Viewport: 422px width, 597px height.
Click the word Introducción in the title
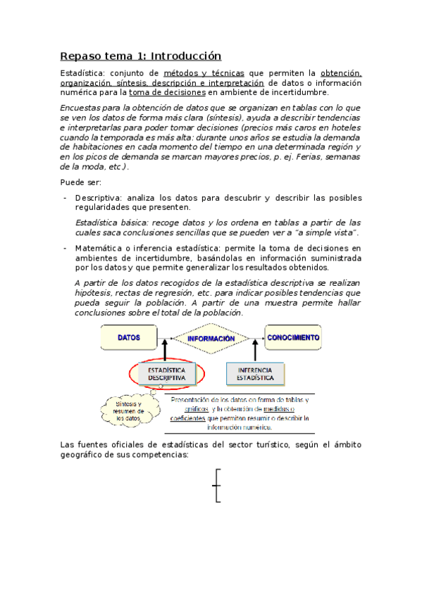coord(186,56)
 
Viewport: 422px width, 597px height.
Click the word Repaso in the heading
coord(81,56)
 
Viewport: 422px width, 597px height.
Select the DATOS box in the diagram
coord(129,338)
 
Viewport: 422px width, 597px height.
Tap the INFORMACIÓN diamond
coord(211,339)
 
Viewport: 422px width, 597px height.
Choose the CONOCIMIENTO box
coord(293,338)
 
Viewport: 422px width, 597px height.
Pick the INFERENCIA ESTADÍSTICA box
coord(255,373)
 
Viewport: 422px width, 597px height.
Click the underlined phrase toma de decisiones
coord(168,92)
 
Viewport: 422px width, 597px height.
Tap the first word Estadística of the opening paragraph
coord(82,73)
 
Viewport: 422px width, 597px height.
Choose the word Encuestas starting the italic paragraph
coord(82,108)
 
